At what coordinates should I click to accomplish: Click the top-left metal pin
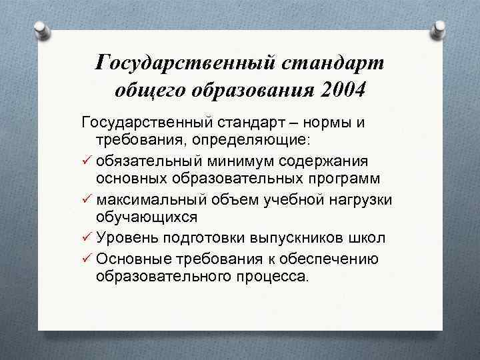(x=41, y=30)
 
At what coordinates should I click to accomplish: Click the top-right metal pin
(x=439, y=29)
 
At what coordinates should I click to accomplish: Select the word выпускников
(x=299, y=238)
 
